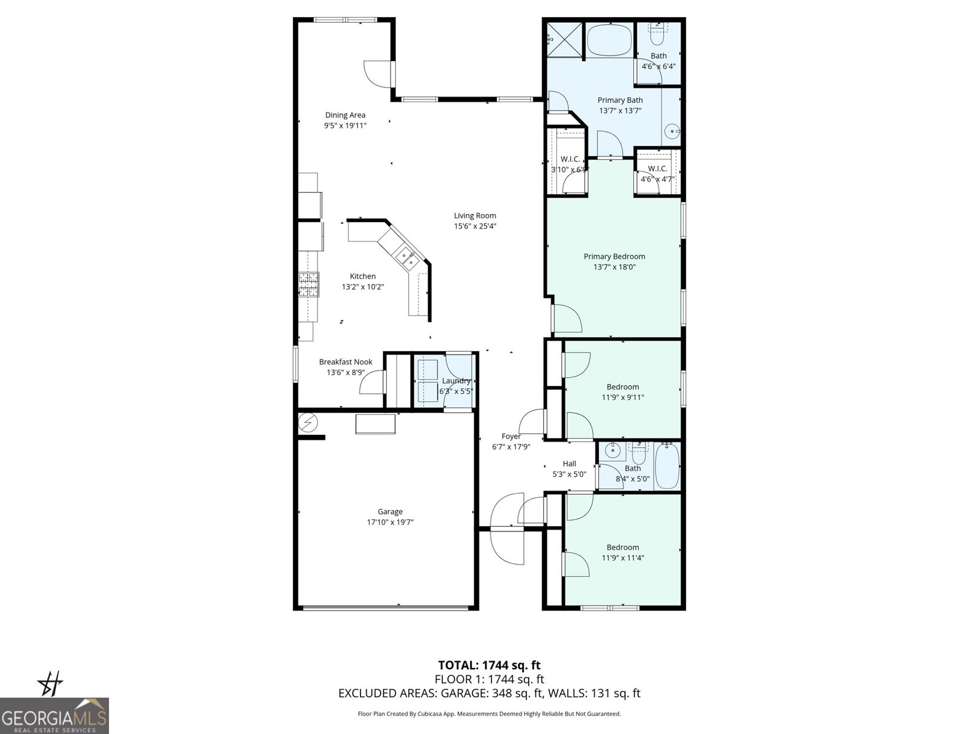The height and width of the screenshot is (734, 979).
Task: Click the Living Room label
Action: point(475,215)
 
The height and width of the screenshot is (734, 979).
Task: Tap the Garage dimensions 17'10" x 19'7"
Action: point(390,522)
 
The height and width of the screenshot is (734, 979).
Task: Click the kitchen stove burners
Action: point(309,284)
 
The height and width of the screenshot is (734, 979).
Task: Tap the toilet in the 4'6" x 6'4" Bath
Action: point(657,35)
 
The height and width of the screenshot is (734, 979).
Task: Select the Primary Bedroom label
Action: point(614,256)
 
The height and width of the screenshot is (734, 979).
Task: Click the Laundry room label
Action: point(456,380)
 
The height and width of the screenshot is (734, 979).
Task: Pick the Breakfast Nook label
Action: point(346,361)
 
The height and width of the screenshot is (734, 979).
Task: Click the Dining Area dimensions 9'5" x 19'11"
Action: point(345,126)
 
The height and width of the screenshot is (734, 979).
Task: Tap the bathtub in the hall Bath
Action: point(667,465)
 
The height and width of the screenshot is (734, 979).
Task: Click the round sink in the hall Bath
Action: point(611,453)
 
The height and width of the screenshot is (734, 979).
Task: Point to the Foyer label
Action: point(511,436)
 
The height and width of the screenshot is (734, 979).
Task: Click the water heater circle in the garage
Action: point(308,422)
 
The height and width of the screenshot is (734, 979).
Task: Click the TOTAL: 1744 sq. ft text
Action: point(489,665)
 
